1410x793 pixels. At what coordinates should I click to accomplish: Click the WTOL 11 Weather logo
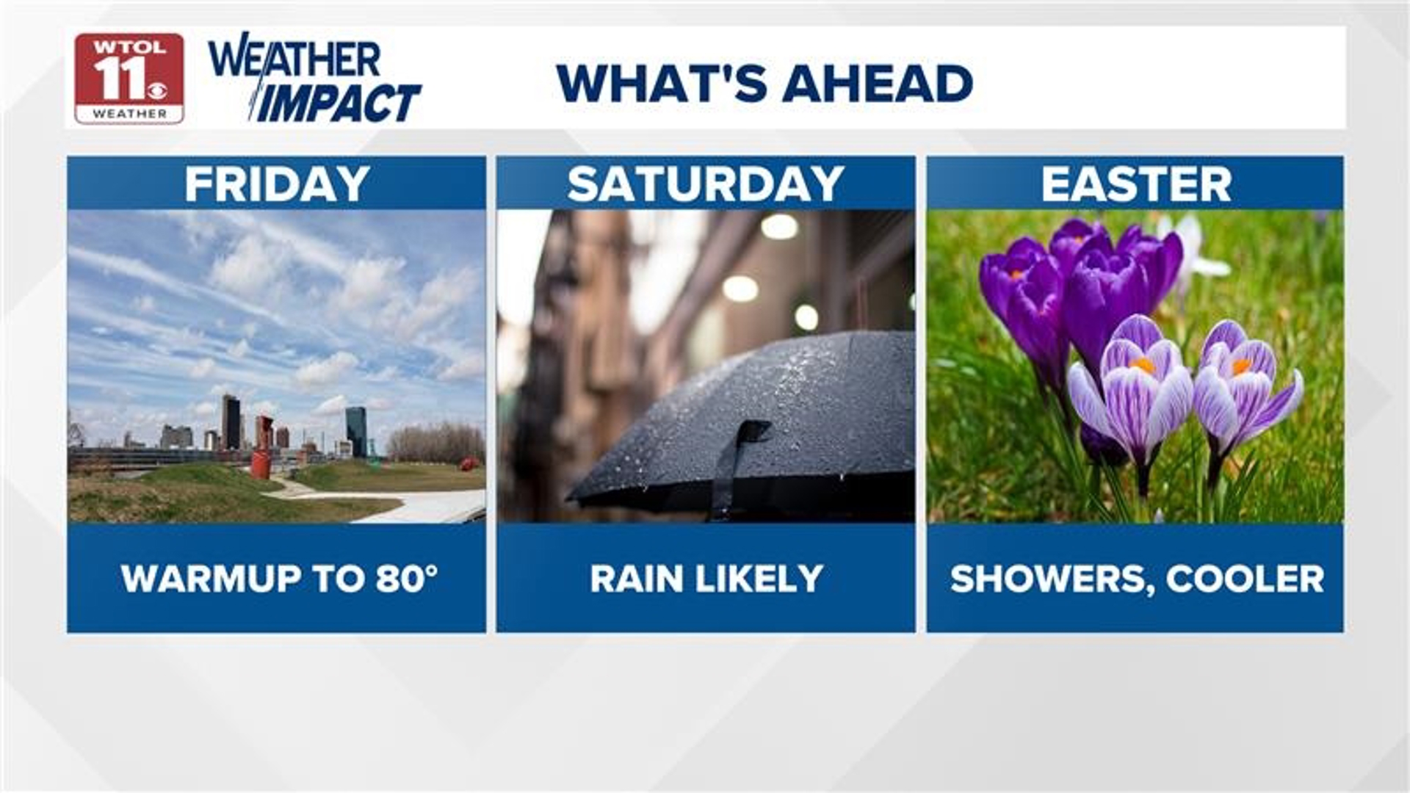click(x=129, y=78)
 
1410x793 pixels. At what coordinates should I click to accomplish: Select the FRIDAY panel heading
click(x=277, y=184)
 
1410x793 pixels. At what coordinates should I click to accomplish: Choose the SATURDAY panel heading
click(x=706, y=184)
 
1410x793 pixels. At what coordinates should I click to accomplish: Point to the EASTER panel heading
click(x=1136, y=184)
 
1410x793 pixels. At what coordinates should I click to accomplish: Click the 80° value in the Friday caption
click(x=407, y=579)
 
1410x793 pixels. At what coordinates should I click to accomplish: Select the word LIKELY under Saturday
click(x=759, y=579)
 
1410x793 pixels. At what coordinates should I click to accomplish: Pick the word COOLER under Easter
click(x=1245, y=579)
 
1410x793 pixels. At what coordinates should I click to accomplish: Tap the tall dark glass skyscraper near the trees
click(x=356, y=432)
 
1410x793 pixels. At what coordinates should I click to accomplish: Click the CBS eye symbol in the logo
click(x=157, y=90)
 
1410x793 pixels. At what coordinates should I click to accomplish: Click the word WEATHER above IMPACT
click(x=295, y=59)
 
